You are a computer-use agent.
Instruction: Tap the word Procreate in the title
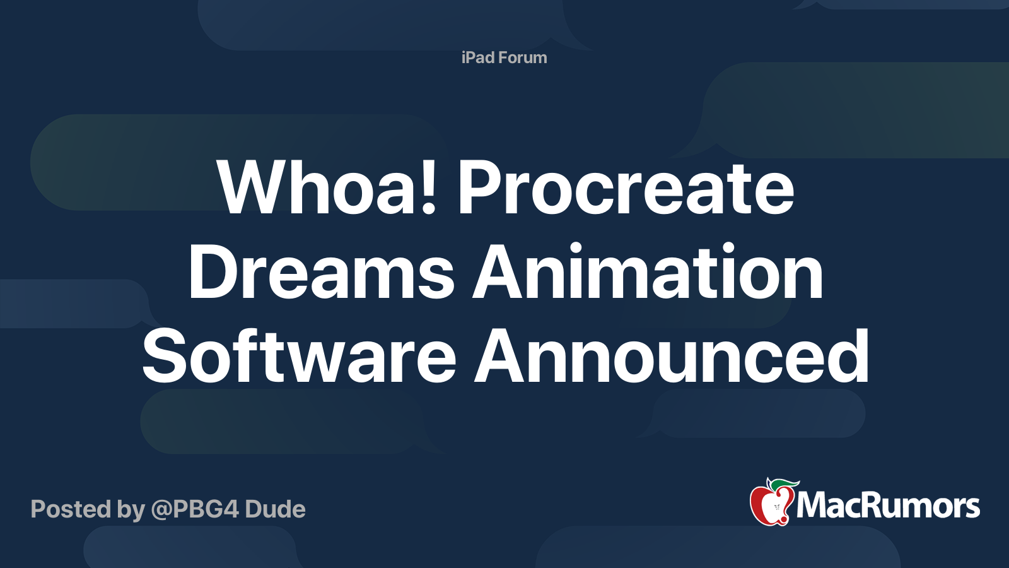pos(626,187)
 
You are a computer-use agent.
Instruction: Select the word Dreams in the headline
pos(321,273)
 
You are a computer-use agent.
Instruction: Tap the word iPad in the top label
pos(477,57)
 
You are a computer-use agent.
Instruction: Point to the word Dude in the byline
pos(275,509)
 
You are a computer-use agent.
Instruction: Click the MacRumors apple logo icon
pos(771,504)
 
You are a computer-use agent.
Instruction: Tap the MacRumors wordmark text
pos(888,506)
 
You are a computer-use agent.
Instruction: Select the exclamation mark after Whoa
pos(429,187)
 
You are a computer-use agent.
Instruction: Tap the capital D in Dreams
pos(212,273)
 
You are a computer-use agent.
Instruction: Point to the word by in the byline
pos(131,510)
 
